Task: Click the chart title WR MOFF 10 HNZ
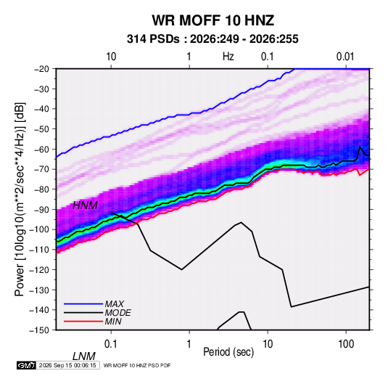coord(212,20)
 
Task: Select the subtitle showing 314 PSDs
coord(212,39)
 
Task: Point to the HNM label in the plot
coord(85,205)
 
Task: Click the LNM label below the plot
coord(84,356)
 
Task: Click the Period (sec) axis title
coord(228,352)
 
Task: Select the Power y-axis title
coord(20,200)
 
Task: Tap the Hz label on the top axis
coord(228,57)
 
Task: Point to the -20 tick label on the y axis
coord(41,69)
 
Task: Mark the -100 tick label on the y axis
coord(39,229)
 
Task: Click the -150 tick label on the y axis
coord(39,330)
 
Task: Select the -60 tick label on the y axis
coord(41,149)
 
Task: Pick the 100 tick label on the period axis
coord(346,343)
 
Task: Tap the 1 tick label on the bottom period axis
coord(189,343)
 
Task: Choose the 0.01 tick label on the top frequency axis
coord(345,57)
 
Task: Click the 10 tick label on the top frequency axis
coord(111,57)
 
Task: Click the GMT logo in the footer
coord(26,365)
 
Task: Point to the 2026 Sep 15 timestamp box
coord(67,365)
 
